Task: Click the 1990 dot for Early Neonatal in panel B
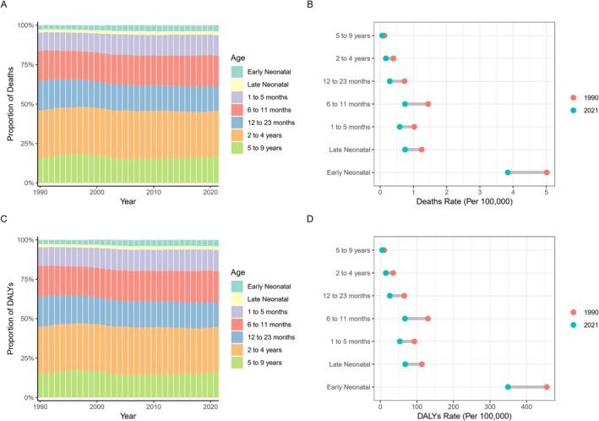point(547,172)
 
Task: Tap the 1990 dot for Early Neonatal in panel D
point(547,387)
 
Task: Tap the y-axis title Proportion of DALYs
point(8,319)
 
